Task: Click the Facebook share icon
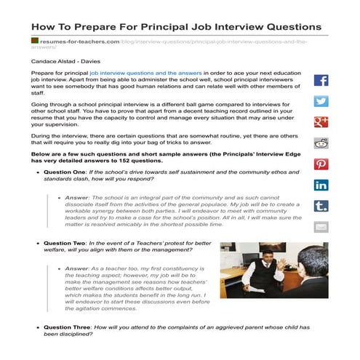tap(321, 81)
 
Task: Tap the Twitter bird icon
tap(321, 102)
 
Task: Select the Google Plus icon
tap(321, 122)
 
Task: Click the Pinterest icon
tap(321, 164)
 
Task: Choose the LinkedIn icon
tap(321, 185)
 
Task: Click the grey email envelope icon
tap(321, 227)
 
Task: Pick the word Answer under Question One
tap(76, 199)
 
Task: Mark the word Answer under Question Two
tap(76, 268)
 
